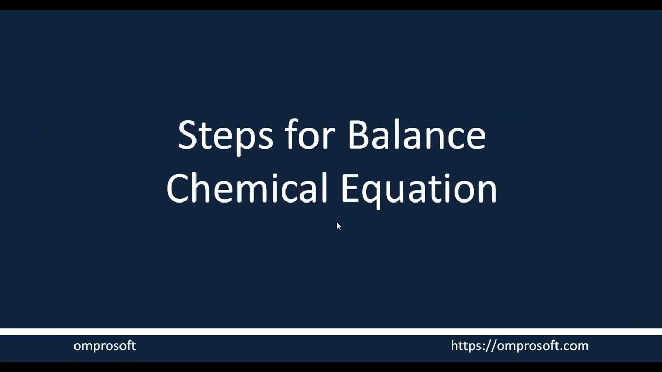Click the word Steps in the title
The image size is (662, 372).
click(x=225, y=135)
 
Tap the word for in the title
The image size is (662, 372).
click(x=309, y=135)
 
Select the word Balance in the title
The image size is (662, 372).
click(x=416, y=135)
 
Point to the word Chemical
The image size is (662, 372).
click(x=247, y=188)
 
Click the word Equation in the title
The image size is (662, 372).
click(x=419, y=189)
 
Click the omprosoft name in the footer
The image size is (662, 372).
click(x=104, y=346)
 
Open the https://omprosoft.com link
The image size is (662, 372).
click(x=519, y=346)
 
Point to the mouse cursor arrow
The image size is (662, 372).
click(x=338, y=226)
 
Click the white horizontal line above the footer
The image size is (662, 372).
click(x=331, y=331)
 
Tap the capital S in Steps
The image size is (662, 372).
click(x=187, y=135)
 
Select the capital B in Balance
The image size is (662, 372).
click(x=359, y=135)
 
